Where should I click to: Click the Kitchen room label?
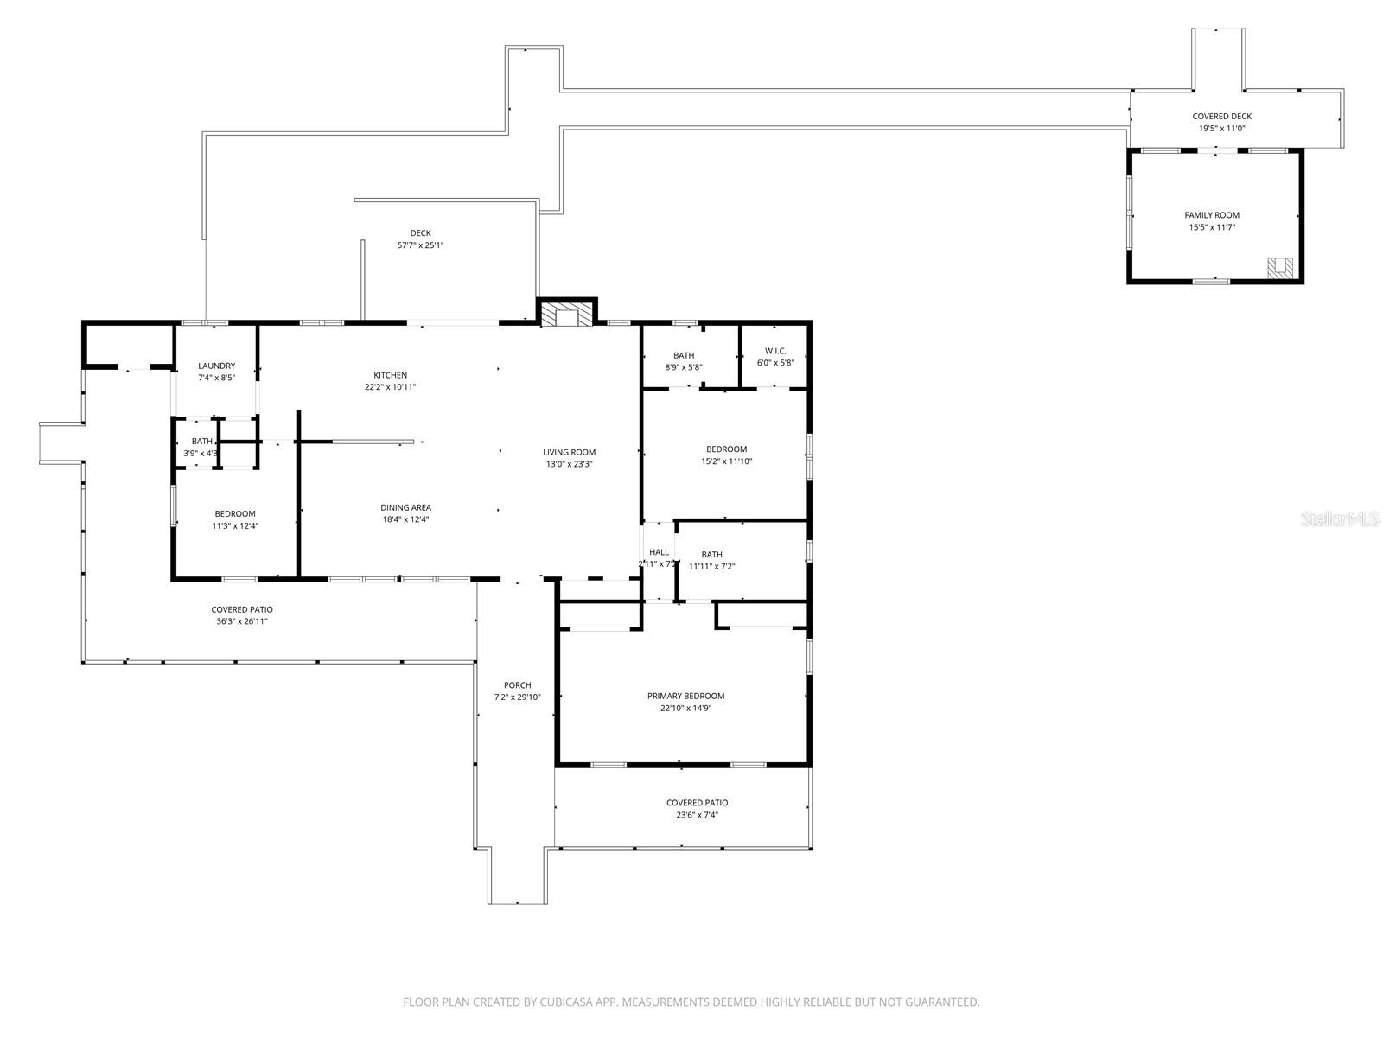pyautogui.click(x=390, y=375)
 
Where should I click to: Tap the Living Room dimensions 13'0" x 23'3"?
pyautogui.click(x=569, y=464)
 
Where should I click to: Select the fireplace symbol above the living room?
pyautogui.click(x=567, y=315)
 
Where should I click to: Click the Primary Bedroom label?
pyautogui.click(x=685, y=696)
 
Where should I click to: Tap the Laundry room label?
pyautogui.click(x=216, y=366)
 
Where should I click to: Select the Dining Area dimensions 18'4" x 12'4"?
pyautogui.click(x=405, y=519)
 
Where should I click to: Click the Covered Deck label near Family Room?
pyautogui.click(x=1221, y=117)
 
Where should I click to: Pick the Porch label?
pyautogui.click(x=518, y=685)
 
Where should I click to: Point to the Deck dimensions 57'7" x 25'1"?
pyautogui.click(x=420, y=245)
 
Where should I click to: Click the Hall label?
pyautogui.click(x=659, y=552)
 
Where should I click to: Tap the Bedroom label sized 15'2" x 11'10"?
pyautogui.click(x=726, y=449)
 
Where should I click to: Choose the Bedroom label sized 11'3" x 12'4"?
pyautogui.click(x=235, y=514)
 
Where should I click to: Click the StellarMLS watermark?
pyautogui.click(x=1341, y=518)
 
